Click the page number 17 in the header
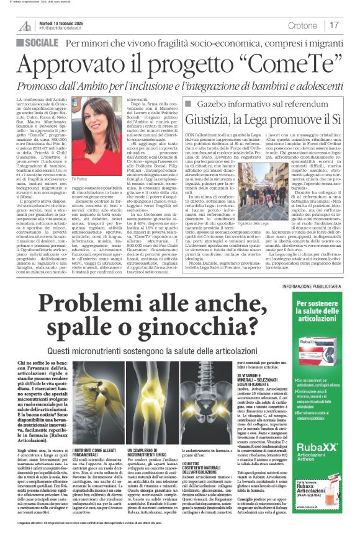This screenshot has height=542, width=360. coord(335,25)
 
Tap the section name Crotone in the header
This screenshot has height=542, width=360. coord(303,25)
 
